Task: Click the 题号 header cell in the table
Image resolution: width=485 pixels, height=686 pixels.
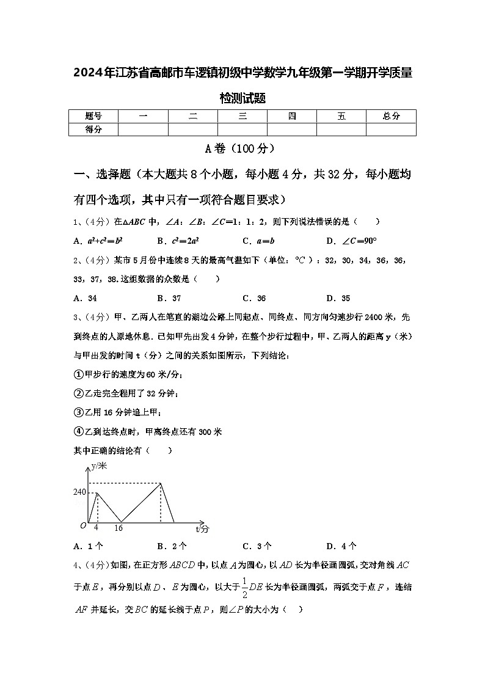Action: pos(93,116)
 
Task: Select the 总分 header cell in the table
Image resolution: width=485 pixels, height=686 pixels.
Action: pos(391,116)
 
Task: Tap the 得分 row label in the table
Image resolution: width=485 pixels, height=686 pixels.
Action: pos(93,129)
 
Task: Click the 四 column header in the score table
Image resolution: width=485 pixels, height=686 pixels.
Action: pos(292,116)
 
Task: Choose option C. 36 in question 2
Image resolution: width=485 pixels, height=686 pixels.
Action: pos(254,298)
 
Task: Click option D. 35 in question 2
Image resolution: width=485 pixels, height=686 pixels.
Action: pos(338,298)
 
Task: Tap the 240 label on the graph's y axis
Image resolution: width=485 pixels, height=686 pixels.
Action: pos(80,492)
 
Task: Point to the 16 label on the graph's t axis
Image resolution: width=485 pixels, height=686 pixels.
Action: pos(119,528)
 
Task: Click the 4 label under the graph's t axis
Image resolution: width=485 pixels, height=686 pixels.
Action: pos(96,527)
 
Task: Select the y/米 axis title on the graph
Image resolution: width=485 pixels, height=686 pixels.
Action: pos(98,466)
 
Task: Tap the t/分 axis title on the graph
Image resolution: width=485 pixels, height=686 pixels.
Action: pos(202,528)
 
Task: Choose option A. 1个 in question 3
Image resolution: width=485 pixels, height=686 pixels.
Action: pos(88,546)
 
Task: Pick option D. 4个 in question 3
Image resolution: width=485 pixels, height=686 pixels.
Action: pos(341,546)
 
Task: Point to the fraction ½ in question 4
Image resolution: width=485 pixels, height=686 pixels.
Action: pos(244,588)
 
